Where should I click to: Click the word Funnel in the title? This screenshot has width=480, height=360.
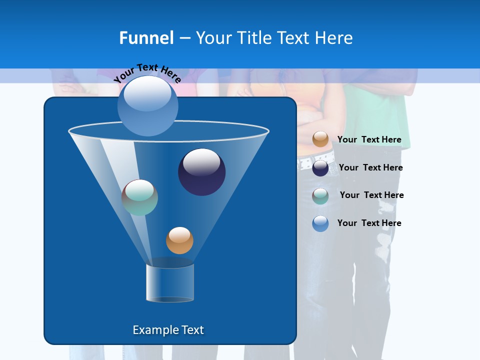(x=146, y=38)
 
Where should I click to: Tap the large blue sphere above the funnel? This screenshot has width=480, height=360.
(x=148, y=105)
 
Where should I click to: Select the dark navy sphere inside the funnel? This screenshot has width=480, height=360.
(x=201, y=172)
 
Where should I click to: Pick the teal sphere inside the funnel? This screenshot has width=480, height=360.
(x=139, y=197)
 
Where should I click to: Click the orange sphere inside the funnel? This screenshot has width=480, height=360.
(x=179, y=240)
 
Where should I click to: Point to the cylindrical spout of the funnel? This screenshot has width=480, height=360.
(x=170, y=283)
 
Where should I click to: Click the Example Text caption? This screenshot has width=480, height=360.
(x=168, y=330)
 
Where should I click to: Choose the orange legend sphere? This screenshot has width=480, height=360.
(x=320, y=139)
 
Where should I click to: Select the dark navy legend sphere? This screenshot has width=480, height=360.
(x=320, y=167)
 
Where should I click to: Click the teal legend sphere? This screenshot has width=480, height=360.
(x=320, y=195)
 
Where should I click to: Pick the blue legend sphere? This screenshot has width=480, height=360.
(x=320, y=223)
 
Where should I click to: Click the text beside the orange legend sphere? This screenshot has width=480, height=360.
(x=369, y=140)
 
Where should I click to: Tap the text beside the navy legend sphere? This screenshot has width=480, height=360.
(x=370, y=168)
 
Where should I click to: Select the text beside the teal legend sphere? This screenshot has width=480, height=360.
(x=371, y=195)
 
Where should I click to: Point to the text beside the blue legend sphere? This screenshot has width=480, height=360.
(x=369, y=223)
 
